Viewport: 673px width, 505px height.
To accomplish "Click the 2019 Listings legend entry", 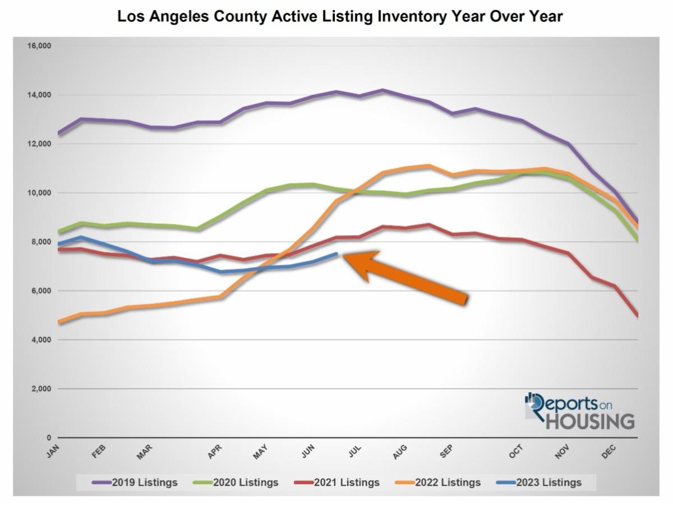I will pos(135,482).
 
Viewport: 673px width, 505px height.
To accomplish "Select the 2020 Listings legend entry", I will pos(236,482).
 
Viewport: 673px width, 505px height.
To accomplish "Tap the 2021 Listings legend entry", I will pos(337,482).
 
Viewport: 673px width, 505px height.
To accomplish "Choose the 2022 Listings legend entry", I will pos(438,482).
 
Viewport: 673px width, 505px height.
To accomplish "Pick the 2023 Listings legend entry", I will pos(539,482).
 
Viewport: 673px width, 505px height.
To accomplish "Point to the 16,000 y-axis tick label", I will pos(39,46).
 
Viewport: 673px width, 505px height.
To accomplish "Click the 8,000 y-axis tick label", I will pos(41,242).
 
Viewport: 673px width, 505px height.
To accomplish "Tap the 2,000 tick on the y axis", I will pos(41,389).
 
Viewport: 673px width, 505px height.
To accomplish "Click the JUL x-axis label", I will pos(354,451).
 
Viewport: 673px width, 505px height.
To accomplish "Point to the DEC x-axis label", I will pos(609,451).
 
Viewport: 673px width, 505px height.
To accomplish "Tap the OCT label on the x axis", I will pos(516,451).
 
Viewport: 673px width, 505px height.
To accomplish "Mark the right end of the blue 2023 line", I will pos(336,254).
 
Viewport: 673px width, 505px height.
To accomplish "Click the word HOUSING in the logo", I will pos(590,421).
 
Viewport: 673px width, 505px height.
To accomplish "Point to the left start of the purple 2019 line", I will pos(58,134).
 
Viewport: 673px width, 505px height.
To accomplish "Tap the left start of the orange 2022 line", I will pos(58,322).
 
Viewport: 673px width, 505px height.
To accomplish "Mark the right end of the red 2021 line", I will pos(638,316).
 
